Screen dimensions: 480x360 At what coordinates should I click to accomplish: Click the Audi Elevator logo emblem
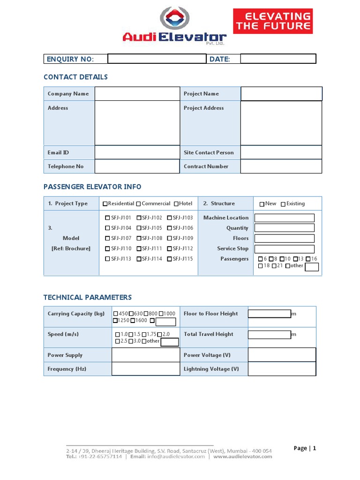click(x=175, y=18)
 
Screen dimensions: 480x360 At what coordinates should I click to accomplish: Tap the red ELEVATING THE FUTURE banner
click(x=273, y=22)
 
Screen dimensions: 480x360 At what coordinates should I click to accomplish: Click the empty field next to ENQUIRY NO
click(x=157, y=59)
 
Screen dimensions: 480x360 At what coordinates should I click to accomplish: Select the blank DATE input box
click(x=278, y=59)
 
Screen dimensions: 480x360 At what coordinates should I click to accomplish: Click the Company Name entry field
click(x=137, y=94)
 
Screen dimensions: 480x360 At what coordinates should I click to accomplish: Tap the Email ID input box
click(x=137, y=152)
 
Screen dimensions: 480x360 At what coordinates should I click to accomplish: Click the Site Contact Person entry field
click(x=281, y=152)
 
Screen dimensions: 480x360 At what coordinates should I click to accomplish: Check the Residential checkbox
click(x=105, y=204)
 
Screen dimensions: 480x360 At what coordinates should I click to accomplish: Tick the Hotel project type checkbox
click(x=176, y=204)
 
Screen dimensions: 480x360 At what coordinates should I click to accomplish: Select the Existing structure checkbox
click(x=283, y=204)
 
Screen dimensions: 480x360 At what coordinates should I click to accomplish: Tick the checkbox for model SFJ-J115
click(x=170, y=259)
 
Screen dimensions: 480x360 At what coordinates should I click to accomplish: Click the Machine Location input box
click(x=284, y=218)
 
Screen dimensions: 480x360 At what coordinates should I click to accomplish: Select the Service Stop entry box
click(x=284, y=249)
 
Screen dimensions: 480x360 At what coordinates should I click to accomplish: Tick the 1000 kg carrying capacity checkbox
click(x=161, y=314)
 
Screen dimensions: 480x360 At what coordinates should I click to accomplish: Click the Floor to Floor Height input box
click(x=270, y=314)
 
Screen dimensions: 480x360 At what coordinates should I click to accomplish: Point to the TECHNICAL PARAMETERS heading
click(x=88, y=297)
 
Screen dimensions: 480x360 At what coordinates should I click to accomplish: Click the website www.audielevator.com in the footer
click(x=242, y=457)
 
